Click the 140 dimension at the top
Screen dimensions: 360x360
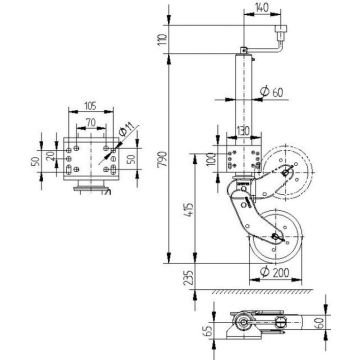point(262,7)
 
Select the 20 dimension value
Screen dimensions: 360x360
point(50,162)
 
